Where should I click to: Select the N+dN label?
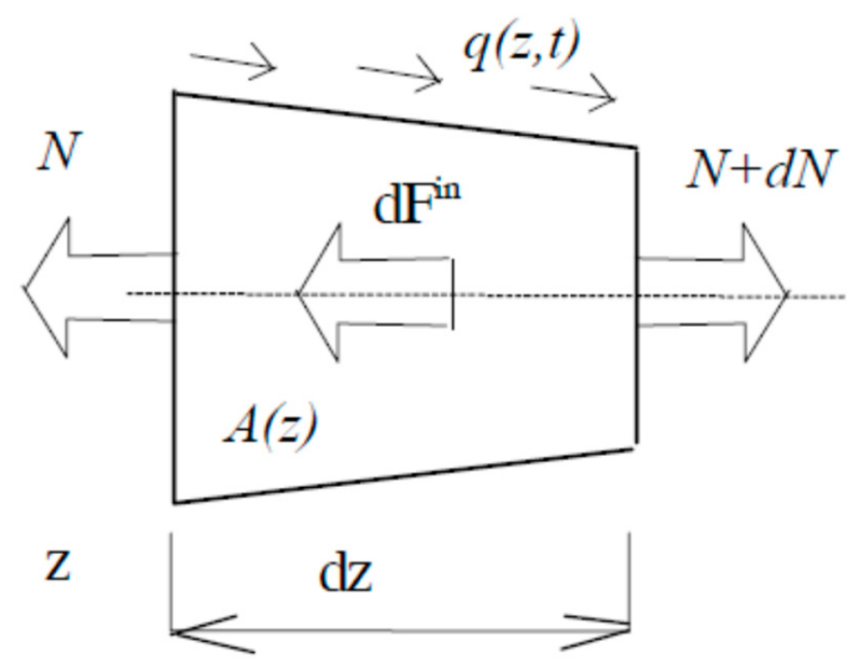[x=762, y=169]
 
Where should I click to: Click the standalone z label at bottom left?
[x=58, y=565]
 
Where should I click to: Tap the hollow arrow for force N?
[x=100, y=287]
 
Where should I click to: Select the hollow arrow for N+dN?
[x=713, y=293]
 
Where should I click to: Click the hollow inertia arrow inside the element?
[x=375, y=293]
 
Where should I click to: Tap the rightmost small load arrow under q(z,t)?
[x=574, y=92]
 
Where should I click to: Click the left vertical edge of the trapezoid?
[x=174, y=298]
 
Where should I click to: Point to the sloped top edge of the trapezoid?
[x=406, y=120]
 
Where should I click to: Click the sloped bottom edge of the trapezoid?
[x=404, y=476]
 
